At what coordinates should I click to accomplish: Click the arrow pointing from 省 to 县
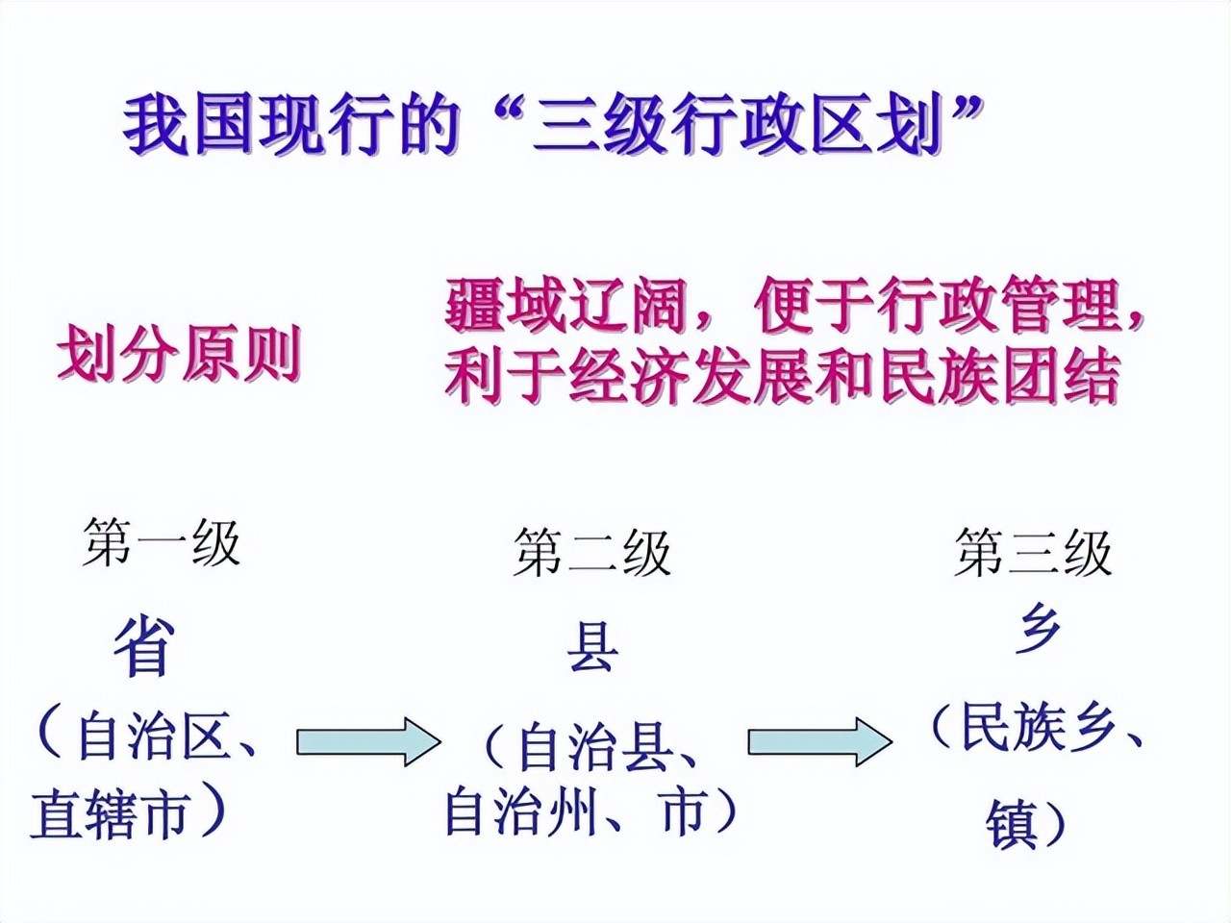367,742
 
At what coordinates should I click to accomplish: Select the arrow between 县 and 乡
819,742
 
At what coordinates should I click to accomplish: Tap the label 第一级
162,542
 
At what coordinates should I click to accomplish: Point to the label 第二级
591,554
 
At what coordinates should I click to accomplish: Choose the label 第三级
1034,554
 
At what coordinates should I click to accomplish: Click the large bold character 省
145,647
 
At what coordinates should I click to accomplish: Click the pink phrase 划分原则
180,355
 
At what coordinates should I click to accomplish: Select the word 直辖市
109,815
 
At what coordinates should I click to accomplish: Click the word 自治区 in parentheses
154,736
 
